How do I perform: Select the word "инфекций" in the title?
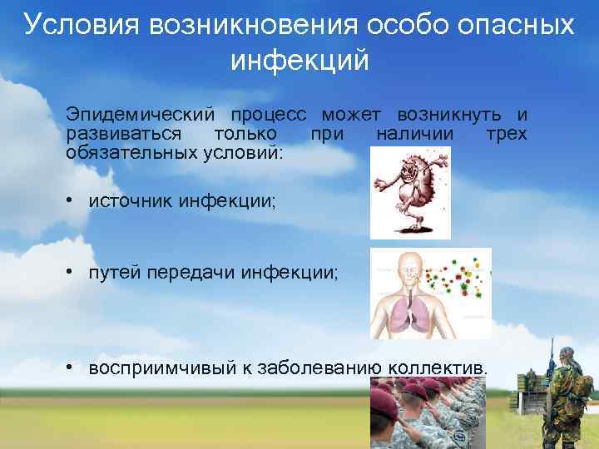pyautogui.click(x=299, y=61)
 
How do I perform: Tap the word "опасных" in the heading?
pyautogui.click(x=515, y=25)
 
